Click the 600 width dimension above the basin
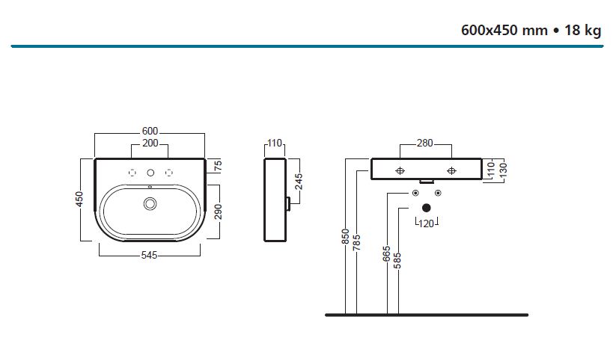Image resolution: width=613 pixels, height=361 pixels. coord(150,131)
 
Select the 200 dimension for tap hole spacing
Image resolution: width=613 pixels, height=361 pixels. coord(150,142)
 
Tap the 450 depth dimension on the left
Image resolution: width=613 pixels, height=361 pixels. coord(79,200)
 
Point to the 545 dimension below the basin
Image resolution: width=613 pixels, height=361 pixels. coord(150,256)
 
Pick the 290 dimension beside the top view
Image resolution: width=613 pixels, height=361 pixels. coord(217,212)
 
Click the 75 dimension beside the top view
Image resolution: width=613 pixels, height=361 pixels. coord(217,165)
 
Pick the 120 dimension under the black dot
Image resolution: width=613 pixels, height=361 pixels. coord(427,223)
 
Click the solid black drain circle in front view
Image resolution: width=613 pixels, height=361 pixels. coord(427,207)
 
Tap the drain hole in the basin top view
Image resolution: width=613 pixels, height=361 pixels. coord(150,203)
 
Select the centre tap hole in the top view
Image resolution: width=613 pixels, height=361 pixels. coord(150,173)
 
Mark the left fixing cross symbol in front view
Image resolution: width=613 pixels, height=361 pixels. coord(400,170)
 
